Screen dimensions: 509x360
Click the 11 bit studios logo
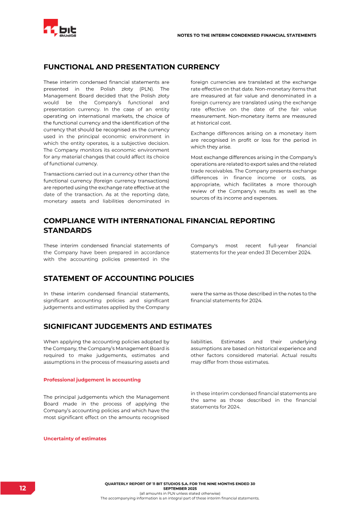60,28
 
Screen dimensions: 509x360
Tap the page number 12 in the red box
22,488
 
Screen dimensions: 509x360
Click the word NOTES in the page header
185,35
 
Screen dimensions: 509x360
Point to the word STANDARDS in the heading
67,230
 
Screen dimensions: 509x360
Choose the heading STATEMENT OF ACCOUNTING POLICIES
119,278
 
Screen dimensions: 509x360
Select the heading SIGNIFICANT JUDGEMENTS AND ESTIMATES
127,326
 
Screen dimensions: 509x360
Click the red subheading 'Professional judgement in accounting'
92,380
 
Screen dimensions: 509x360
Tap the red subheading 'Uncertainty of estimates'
75,438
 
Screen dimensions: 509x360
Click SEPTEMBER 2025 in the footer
180,488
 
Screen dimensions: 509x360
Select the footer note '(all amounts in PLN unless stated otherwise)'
180,494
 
